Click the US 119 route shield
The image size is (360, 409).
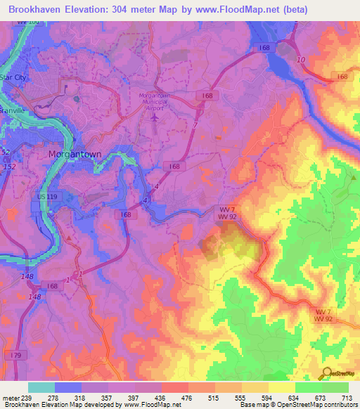pos(44,198)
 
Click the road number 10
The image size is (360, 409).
pos(301,60)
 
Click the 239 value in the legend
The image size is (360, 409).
pos(28,398)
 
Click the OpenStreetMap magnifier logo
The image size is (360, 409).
pos(326,373)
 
